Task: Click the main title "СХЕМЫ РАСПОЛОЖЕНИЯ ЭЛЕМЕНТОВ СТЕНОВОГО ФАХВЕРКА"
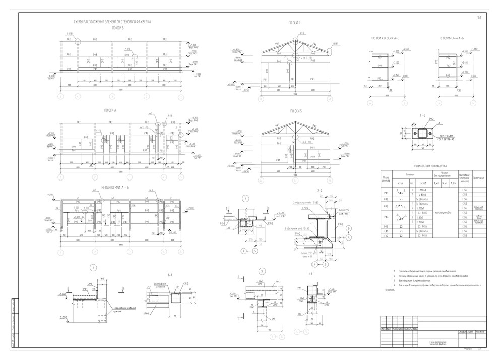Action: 112,22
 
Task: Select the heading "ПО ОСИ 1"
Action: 294,23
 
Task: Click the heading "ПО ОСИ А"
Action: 110,110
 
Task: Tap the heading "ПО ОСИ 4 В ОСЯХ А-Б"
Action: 388,38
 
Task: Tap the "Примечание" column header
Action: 479,177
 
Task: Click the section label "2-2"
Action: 319,191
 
